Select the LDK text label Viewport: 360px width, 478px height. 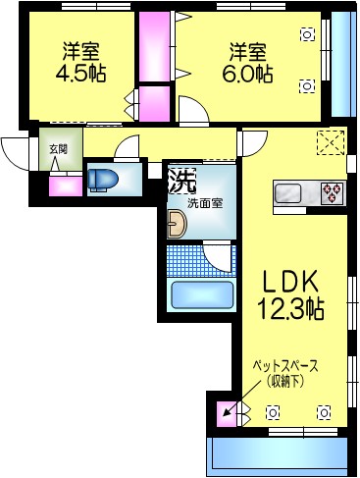[289, 281]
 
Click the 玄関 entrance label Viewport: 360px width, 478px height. [58, 149]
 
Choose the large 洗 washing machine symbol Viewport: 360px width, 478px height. [180, 181]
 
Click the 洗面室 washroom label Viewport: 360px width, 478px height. [206, 204]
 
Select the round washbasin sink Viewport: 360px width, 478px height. [176, 227]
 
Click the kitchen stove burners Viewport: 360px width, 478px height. [332, 190]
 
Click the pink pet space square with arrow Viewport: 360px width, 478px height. [227, 412]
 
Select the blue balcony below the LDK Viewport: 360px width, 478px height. [278, 454]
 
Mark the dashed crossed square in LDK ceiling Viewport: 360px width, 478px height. [332, 142]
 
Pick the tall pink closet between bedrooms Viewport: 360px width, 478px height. [152, 47]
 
